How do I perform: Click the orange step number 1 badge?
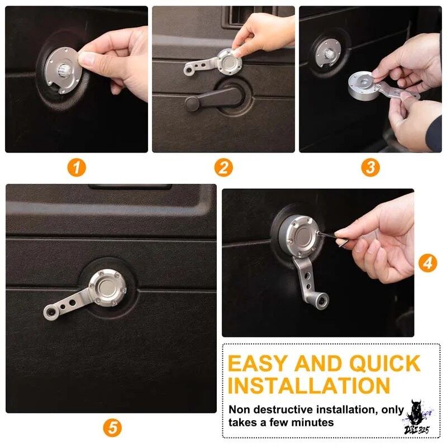coord(77,168)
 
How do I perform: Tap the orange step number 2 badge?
coord(223,168)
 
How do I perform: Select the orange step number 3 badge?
coord(370,168)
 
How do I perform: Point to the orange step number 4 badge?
coord(427,263)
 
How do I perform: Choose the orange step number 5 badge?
coord(112,427)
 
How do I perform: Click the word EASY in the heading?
coord(258,364)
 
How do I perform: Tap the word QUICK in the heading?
coord(385,364)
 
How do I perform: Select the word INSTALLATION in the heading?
coord(309,386)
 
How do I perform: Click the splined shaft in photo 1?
coord(63,69)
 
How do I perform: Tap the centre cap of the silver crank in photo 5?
coord(107,287)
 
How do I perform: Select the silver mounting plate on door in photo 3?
coord(329,53)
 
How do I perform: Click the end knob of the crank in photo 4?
coord(322,301)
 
